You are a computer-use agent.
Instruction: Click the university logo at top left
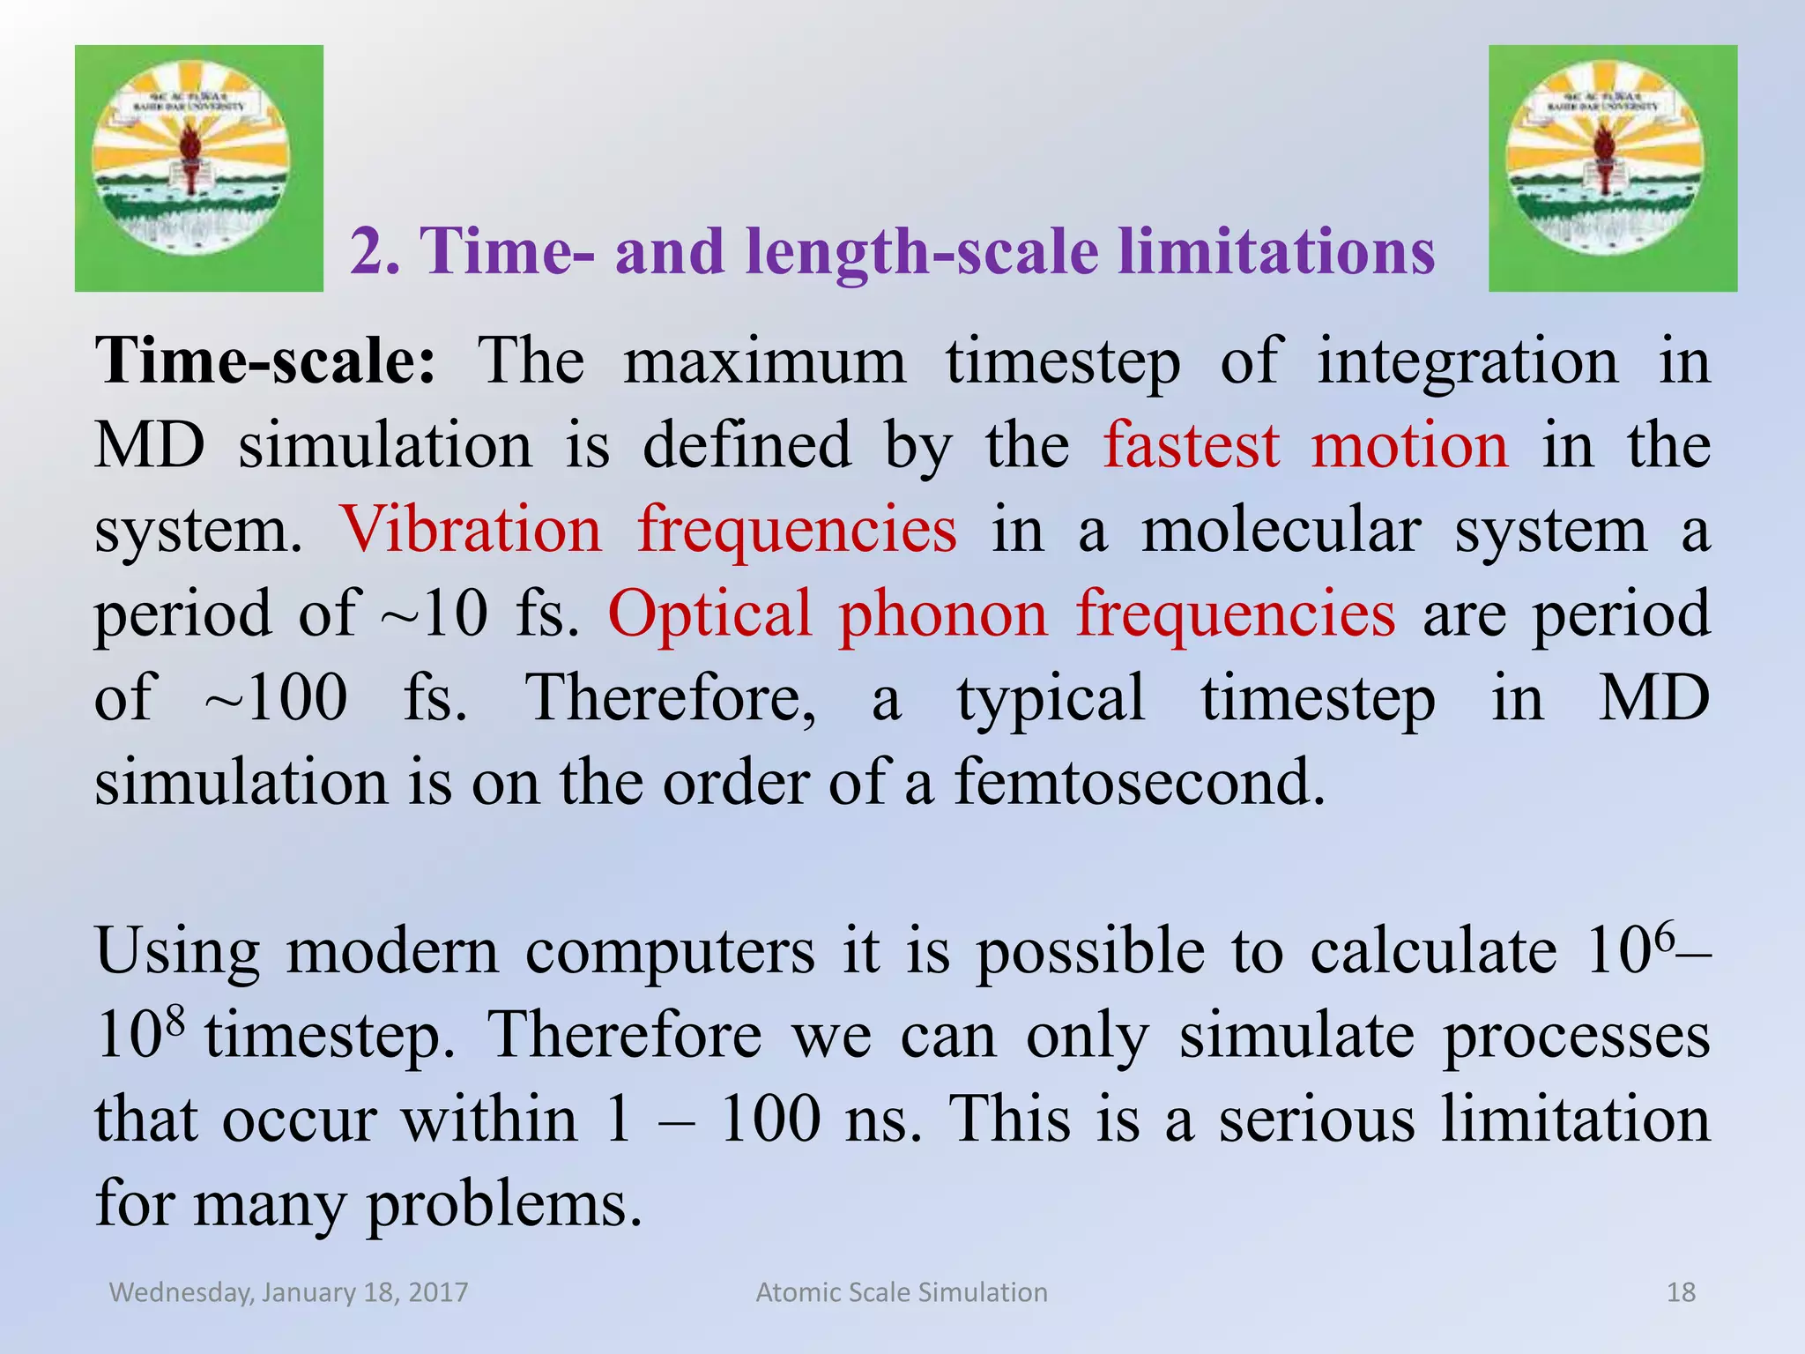198,167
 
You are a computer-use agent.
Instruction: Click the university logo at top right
1612,167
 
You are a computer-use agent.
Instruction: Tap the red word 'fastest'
1191,445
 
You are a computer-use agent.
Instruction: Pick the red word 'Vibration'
471,530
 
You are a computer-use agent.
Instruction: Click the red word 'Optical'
709,614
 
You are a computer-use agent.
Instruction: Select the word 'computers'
670,953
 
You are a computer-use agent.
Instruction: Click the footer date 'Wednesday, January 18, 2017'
288,1292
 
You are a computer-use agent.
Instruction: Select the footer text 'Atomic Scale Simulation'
902,1292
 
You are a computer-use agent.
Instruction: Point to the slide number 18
1681,1292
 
